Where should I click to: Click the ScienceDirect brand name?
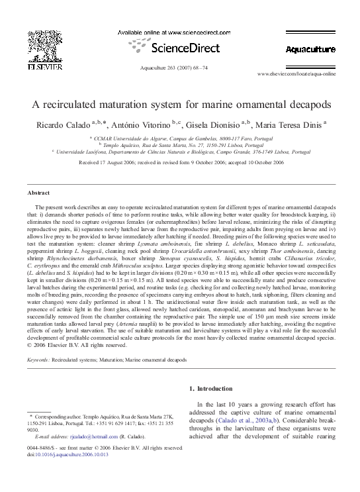[x=180, y=48]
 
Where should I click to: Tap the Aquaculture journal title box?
[x=310, y=49]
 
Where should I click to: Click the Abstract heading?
[x=38, y=193]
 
